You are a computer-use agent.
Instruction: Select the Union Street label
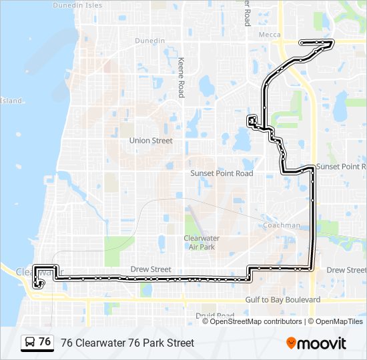(151, 141)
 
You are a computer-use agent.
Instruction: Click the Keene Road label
(181, 77)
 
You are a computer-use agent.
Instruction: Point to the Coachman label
(281, 225)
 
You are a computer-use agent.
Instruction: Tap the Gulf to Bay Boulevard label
(282, 300)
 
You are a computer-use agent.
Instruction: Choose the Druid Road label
(215, 315)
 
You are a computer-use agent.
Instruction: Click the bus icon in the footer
(30, 343)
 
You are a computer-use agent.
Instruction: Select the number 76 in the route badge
(45, 342)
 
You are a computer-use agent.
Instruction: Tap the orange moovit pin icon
(292, 343)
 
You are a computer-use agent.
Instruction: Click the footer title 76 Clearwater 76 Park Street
(127, 343)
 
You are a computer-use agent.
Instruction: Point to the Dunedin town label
(149, 41)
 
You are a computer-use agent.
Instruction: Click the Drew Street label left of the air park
(151, 269)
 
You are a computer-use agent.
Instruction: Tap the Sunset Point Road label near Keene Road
(222, 173)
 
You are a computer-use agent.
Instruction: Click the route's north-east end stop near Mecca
(331, 43)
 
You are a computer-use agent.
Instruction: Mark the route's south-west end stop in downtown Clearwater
(41, 283)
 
